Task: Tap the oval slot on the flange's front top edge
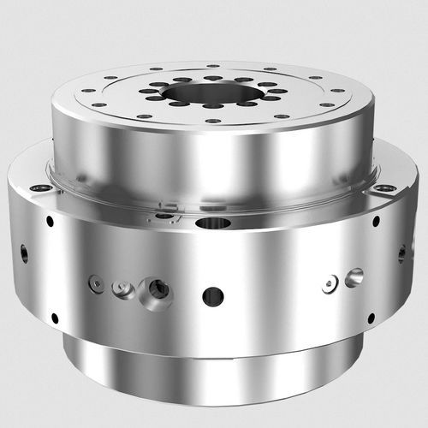pyautogui.click(x=212, y=224)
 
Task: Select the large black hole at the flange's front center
pyautogui.click(x=212, y=296)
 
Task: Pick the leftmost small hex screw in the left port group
pyautogui.click(x=97, y=284)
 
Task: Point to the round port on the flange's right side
pyautogui.click(x=354, y=276)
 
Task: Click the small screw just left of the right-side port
pyautogui.click(x=330, y=283)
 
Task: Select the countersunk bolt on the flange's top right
pyautogui.click(x=387, y=187)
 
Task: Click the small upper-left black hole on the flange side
pyautogui.click(x=50, y=221)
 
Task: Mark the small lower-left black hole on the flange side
pyautogui.click(x=55, y=318)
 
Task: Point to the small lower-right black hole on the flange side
pyautogui.click(x=370, y=318)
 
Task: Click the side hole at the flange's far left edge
pyautogui.click(x=23, y=253)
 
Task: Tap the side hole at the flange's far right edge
pyautogui.click(x=401, y=253)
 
